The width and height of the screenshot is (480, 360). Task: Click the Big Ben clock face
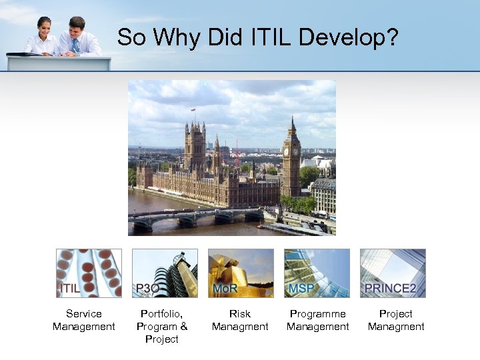[x=292, y=151]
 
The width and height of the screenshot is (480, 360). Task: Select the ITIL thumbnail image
[x=89, y=273]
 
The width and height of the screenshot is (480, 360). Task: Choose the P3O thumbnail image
[x=165, y=273]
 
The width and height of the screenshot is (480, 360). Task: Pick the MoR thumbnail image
[x=241, y=273]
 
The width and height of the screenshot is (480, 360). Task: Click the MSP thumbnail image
[x=317, y=273]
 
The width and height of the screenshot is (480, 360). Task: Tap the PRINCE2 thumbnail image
[x=393, y=273]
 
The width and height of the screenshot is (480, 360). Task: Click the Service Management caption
[x=84, y=320]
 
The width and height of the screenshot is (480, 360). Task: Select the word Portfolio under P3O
[x=161, y=313]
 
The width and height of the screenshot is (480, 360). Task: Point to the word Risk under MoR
[x=240, y=313]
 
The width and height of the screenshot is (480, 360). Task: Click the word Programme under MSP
[x=318, y=313]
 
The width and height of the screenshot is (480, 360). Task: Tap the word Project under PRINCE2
[x=396, y=313]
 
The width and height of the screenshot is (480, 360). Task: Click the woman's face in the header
[x=45, y=27]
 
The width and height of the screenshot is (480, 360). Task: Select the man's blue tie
[x=75, y=45]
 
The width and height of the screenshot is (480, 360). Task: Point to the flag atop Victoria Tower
[x=193, y=109]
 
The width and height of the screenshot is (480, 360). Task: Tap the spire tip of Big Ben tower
[x=292, y=118]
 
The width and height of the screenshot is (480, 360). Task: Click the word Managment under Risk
[x=240, y=327]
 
